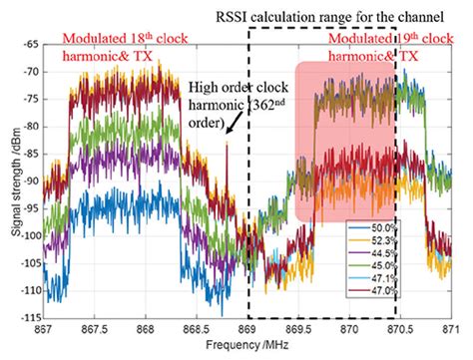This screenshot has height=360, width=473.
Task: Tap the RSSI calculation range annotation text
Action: click(339, 15)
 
